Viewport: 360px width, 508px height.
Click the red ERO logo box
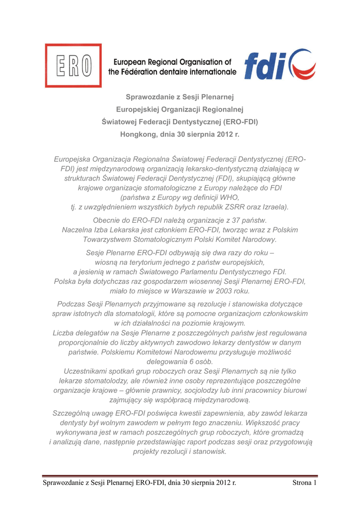pyautogui.click(x=73, y=65)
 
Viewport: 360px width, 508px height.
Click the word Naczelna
pyautogui.click(x=78, y=230)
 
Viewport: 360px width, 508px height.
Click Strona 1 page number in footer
pyautogui.click(x=304, y=483)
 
